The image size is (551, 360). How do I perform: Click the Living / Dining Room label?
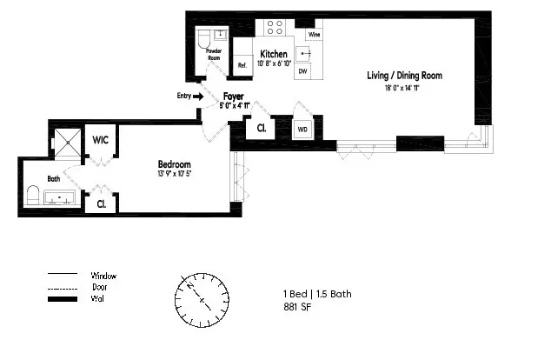pos(404,76)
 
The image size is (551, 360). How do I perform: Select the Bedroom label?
pos(174,164)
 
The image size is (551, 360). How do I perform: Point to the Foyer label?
pos(233,97)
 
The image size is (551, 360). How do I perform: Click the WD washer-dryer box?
pos(302,130)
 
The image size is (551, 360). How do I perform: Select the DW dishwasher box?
pos(302,71)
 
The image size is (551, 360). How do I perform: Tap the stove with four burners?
pos(277,28)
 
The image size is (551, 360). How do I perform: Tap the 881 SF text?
pos(297,307)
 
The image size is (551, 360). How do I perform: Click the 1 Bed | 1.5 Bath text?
pos(317,294)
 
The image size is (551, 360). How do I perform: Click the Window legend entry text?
pos(103,275)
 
